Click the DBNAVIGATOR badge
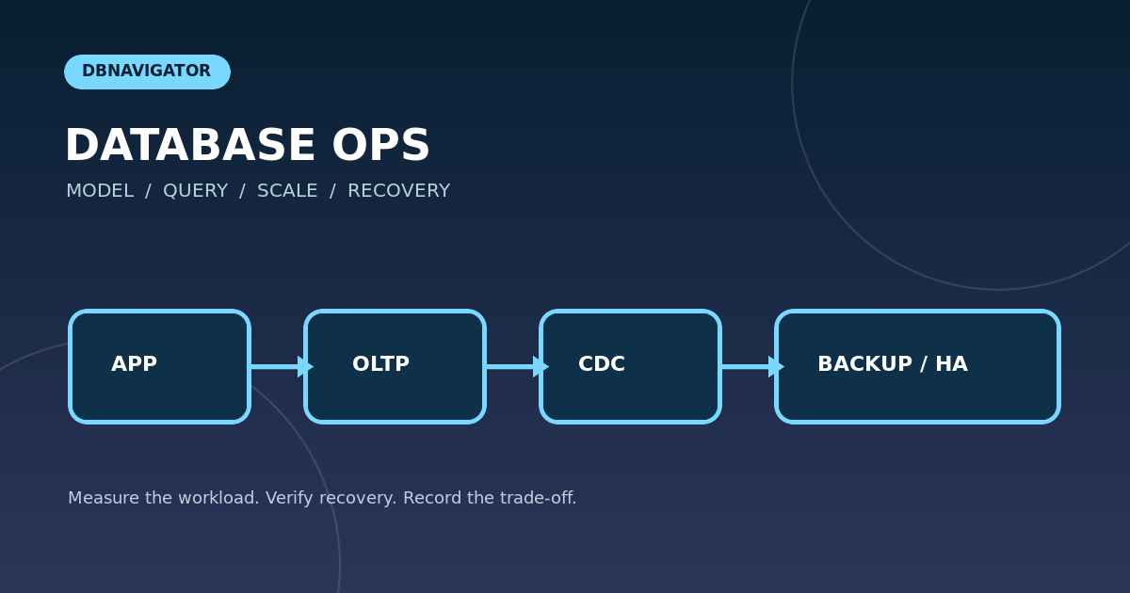pos(147,72)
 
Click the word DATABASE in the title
pos(190,145)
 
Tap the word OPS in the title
pos(380,145)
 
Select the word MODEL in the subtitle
pos(100,190)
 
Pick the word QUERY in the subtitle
pos(195,191)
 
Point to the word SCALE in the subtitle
pos(287,190)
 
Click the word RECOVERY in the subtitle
pos(399,190)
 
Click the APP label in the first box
pos(134,363)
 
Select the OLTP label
pos(380,363)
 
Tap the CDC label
pos(602,363)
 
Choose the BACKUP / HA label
pos(893,363)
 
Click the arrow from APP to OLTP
pos(282,366)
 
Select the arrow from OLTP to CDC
pos(518,366)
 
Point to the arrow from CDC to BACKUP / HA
pos(752,366)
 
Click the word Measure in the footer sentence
pos(104,498)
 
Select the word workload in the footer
pos(218,498)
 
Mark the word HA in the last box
pos(952,363)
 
